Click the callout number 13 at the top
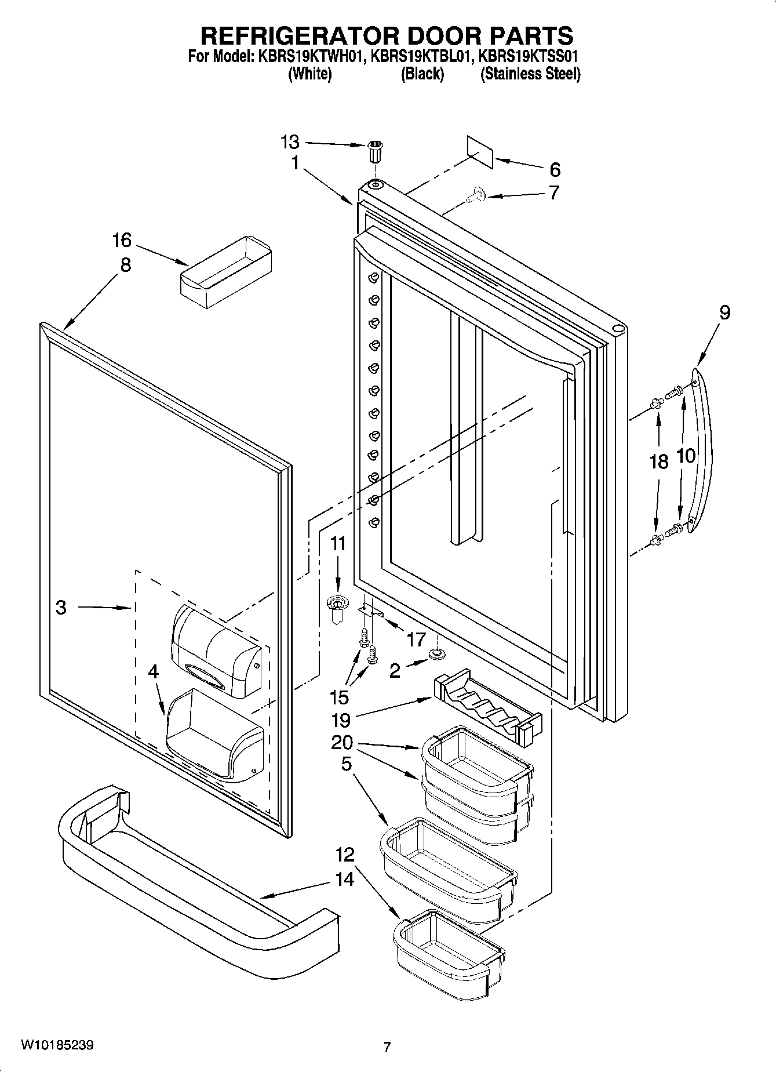click(x=290, y=141)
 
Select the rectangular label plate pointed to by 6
click(x=480, y=152)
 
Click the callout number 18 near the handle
click(x=659, y=461)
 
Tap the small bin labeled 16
click(x=227, y=266)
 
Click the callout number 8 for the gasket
click(x=125, y=265)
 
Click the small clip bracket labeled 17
click(x=370, y=609)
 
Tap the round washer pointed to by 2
click(x=435, y=654)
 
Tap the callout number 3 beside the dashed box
click(x=61, y=607)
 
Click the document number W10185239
click(x=57, y=1045)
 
